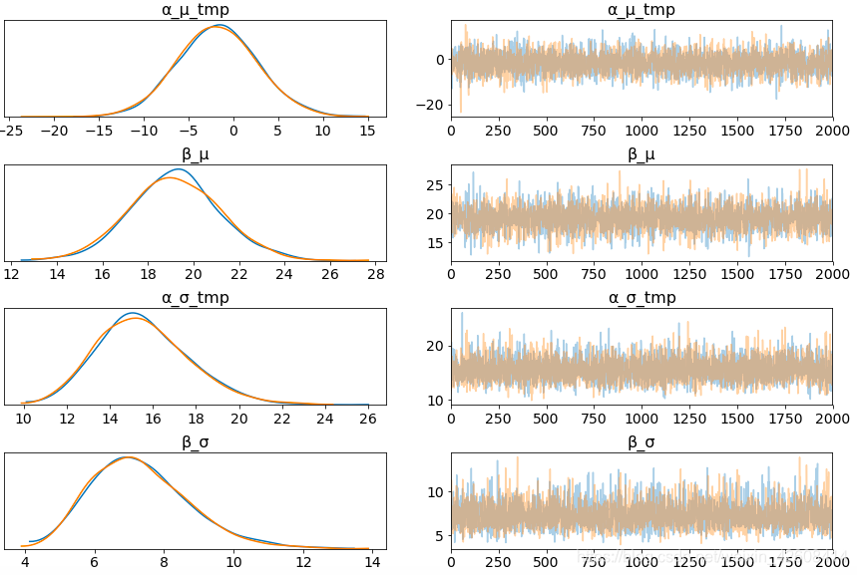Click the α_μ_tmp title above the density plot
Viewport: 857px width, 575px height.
[x=195, y=10]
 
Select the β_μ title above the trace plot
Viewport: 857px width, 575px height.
[x=642, y=154]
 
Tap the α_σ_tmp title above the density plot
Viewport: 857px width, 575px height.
[x=195, y=298]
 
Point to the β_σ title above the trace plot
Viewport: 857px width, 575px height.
[x=642, y=441]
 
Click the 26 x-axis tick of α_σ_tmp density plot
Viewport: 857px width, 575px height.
[x=369, y=419]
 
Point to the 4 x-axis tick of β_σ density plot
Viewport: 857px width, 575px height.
[x=25, y=562]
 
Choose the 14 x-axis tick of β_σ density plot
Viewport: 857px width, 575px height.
[x=372, y=562]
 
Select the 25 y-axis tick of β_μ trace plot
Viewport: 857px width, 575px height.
[x=435, y=185]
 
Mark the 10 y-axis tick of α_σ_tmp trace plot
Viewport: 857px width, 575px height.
[x=435, y=401]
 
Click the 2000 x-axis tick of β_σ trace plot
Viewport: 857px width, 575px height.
[x=832, y=562]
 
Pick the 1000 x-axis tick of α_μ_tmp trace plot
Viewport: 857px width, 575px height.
[x=642, y=131]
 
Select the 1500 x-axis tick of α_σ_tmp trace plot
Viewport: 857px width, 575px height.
[x=737, y=419]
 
